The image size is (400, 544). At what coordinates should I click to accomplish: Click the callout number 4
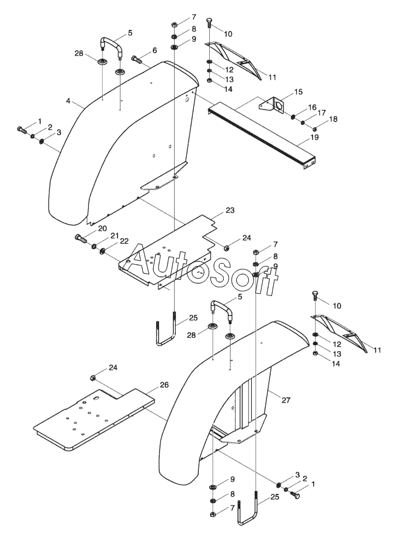pos(69,101)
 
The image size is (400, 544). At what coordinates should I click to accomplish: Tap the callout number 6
pos(154,50)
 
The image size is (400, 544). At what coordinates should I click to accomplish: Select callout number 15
pos(298,92)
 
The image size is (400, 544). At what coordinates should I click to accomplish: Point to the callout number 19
pos(314,138)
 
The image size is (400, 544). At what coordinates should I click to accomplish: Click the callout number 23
pos(230,210)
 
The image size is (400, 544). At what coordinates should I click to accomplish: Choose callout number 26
pos(164,385)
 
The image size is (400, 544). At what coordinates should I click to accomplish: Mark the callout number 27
pos(285,400)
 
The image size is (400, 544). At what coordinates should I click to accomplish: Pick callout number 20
pos(102,229)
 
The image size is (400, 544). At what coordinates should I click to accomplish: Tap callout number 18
pos(333,119)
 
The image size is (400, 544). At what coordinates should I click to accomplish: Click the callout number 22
pos(124,241)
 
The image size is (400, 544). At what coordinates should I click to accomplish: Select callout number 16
pos(312,107)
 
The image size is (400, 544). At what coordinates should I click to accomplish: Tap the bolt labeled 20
pos(80,239)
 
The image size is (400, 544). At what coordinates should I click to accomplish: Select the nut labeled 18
pos(315,130)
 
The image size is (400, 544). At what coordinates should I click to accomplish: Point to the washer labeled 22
pos(103,250)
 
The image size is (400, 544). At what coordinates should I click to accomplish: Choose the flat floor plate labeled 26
pos(94,420)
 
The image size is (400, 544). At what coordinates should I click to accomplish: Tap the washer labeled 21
pos(94,246)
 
